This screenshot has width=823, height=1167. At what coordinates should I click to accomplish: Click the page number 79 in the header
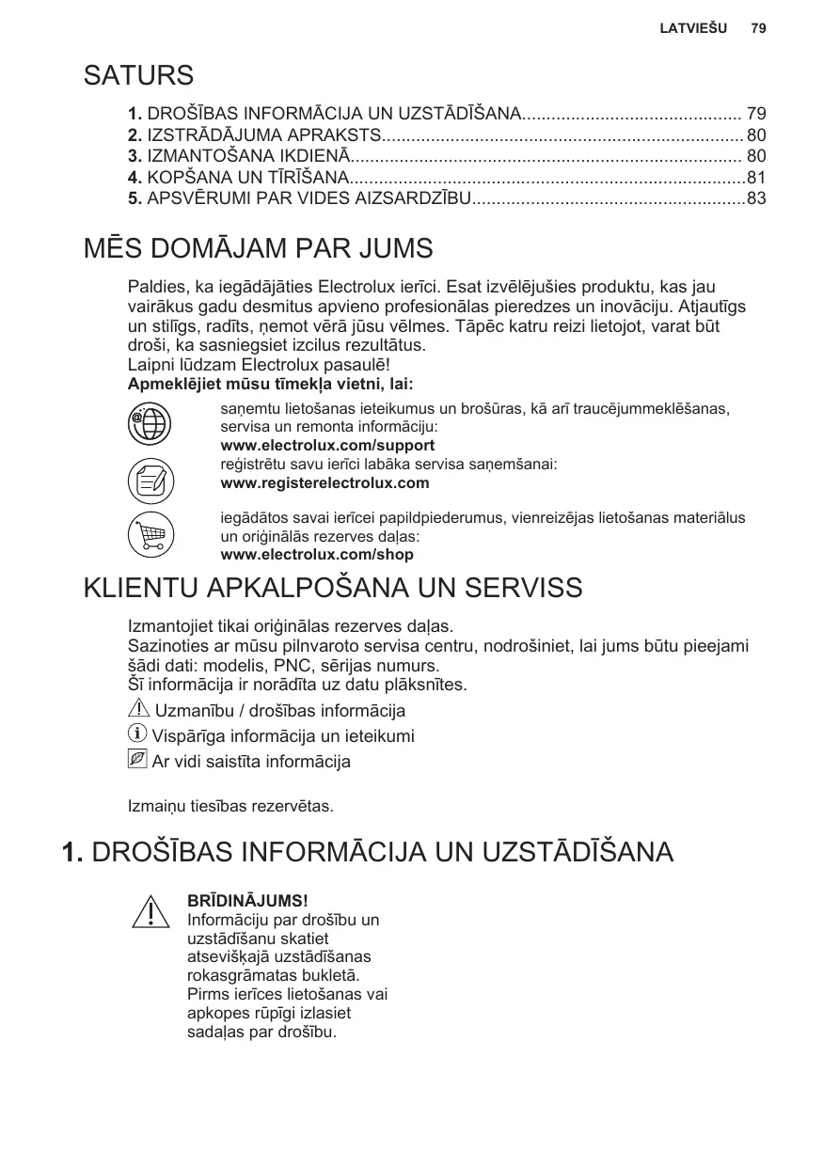point(758,28)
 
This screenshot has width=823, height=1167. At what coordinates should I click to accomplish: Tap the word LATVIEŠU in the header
point(693,28)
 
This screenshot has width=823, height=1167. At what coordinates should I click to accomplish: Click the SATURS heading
point(139,75)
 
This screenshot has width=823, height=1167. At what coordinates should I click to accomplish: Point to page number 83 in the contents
point(756,198)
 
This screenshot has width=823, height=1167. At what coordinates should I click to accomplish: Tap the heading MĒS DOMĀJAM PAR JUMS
point(259,250)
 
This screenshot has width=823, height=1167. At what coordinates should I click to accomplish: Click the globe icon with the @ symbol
point(150,420)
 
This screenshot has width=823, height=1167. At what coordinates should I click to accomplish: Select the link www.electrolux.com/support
point(327,445)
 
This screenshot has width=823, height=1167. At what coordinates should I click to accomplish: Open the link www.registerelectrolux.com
point(324,483)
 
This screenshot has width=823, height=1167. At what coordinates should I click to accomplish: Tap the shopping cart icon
point(150,535)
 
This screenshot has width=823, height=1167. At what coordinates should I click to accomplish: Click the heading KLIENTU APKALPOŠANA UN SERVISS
point(334,589)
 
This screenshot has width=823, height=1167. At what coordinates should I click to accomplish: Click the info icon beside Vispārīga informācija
point(137,734)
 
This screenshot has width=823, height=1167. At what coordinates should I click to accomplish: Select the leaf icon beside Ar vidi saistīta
point(137,760)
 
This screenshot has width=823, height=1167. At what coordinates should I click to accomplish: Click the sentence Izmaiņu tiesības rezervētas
point(230,806)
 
